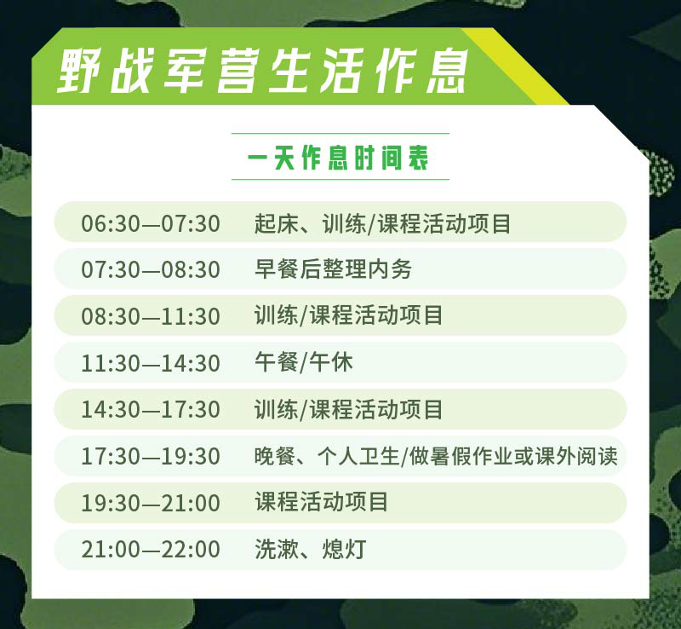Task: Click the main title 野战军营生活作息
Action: pyautogui.click(x=263, y=71)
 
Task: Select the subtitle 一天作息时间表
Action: pyautogui.click(x=338, y=158)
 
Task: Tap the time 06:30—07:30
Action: pyautogui.click(x=151, y=223)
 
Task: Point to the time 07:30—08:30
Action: pyautogui.click(x=151, y=269)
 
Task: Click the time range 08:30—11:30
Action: pyautogui.click(x=151, y=316)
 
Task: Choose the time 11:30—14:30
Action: pyautogui.click(x=151, y=363)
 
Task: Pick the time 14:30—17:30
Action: pyautogui.click(x=151, y=410)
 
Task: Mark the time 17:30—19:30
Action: pyautogui.click(x=151, y=456)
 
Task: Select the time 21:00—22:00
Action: pyautogui.click(x=151, y=550)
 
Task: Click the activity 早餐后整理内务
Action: pyautogui.click(x=333, y=269)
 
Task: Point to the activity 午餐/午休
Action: pyautogui.click(x=304, y=363)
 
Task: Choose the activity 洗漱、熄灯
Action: pyautogui.click(x=311, y=549)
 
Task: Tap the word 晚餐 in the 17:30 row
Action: pyautogui.click(x=275, y=456)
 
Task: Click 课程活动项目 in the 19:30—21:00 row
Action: pyautogui.click(x=321, y=502)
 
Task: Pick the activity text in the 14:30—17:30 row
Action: pyautogui.click(x=348, y=410)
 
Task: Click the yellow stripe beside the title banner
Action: pyautogui.click(x=515, y=66)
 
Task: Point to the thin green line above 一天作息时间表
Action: pyautogui.click(x=340, y=134)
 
